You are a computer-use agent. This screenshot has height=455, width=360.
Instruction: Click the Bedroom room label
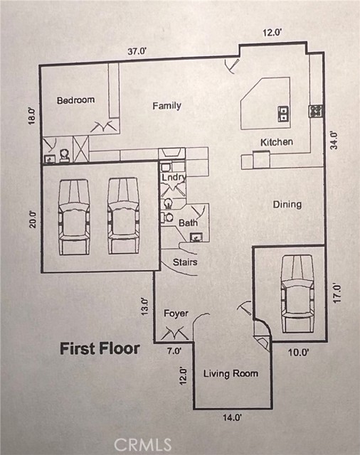[x=76, y=100]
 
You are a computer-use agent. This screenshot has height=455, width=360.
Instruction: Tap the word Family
[x=167, y=106]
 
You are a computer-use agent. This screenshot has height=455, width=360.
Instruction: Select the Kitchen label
[x=277, y=142]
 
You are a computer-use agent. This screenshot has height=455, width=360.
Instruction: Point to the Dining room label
[x=287, y=205]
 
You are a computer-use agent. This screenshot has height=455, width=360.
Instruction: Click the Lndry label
[x=174, y=177]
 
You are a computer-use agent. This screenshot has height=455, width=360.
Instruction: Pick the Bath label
[x=188, y=223]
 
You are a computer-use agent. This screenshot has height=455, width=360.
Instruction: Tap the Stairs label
[x=185, y=262]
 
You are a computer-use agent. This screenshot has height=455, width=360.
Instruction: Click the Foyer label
[x=176, y=314]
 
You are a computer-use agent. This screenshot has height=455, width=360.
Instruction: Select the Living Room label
[x=231, y=373]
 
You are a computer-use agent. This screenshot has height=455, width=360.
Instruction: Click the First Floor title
[x=100, y=348]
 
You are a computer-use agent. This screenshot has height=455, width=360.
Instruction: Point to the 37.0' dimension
[x=137, y=51]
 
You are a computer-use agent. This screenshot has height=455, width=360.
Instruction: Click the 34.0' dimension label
[x=334, y=141]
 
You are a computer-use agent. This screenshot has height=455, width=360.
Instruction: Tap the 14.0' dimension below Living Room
[x=232, y=418]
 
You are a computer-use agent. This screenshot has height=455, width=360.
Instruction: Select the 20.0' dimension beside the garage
[x=33, y=220]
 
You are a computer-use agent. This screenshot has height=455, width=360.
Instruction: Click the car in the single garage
[x=297, y=294]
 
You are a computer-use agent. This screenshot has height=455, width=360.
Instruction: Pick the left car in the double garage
[x=73, y=217]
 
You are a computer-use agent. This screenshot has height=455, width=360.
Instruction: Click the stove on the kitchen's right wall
[x=316, y=111]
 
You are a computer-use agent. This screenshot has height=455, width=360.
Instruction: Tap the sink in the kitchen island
[x=283, y=114]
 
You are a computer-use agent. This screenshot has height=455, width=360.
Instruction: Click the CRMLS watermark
[x=143, y=444]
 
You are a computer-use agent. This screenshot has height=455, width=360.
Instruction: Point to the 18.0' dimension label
[x=32, y=115]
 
